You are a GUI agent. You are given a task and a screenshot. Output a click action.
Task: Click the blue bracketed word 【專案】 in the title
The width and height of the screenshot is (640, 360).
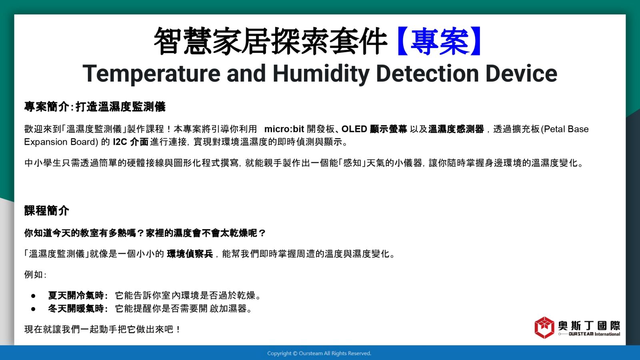(440, 41)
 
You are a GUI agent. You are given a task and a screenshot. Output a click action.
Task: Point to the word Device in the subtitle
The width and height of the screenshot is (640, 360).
(521, 74)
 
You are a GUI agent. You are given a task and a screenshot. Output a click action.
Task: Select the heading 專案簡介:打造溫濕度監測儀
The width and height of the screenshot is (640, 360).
(95, 107)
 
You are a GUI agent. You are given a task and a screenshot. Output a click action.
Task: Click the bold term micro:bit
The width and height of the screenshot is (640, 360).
(284, 129)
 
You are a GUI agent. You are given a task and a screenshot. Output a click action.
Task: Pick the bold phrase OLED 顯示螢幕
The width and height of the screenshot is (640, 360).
(374, 129)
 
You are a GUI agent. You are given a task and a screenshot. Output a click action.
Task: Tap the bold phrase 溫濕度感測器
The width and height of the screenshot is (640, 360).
(456, 129)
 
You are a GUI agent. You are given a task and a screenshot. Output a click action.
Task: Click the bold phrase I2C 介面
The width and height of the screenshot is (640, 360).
(130, 142)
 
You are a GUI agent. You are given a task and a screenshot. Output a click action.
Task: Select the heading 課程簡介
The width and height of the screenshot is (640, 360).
(46, 211)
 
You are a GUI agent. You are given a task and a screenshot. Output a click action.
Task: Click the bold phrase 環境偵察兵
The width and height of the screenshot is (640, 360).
(190, 254)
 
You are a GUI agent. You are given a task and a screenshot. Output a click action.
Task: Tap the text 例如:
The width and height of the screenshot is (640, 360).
(35, 274)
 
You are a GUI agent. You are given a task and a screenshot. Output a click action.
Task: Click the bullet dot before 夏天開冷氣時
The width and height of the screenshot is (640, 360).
(34, 296)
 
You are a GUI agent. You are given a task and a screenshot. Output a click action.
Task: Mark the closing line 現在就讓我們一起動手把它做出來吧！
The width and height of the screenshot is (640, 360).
(102, 330)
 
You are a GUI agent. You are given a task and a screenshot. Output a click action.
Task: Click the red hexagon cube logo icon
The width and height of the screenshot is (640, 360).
(544, 328)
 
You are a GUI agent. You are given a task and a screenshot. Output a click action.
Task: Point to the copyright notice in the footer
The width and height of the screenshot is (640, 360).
(319, 354)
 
